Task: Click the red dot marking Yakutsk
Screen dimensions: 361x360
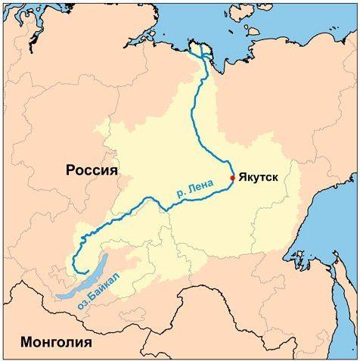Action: (x=232, y=178)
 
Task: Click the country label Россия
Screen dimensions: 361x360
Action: (x=92, y=170)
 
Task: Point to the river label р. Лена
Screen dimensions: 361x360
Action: (x=186, y=186)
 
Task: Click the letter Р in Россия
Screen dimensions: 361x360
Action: (x=70, y=170)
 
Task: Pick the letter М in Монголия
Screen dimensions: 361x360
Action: (x=26, y=342)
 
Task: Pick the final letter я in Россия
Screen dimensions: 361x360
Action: (x=114, y=171)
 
